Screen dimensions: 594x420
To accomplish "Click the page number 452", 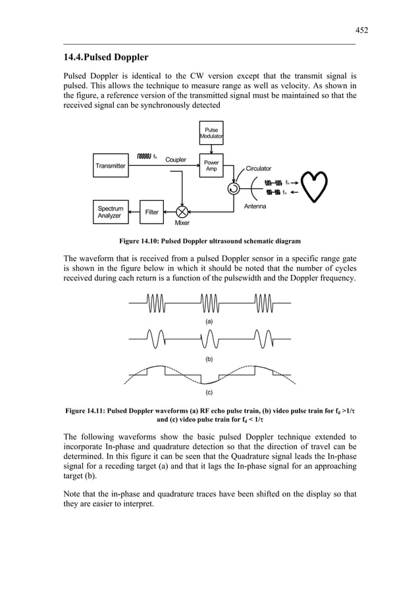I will coord(361,30).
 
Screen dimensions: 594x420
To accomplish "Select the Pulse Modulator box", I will coord(211,134).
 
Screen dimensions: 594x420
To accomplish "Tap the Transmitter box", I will coord(110,166).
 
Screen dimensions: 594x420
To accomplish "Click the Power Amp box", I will coord(211,166).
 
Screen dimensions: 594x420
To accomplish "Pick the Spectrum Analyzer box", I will coord(110,212).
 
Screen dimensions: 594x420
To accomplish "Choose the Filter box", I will coord(151,212).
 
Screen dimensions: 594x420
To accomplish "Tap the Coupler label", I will coord(175,160).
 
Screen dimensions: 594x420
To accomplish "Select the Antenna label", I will coord(255,207).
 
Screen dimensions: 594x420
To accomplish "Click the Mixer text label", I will coord(182,224).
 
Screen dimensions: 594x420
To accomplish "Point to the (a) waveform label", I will coord(209,321).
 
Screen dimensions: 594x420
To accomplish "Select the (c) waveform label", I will coord(209,393).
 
